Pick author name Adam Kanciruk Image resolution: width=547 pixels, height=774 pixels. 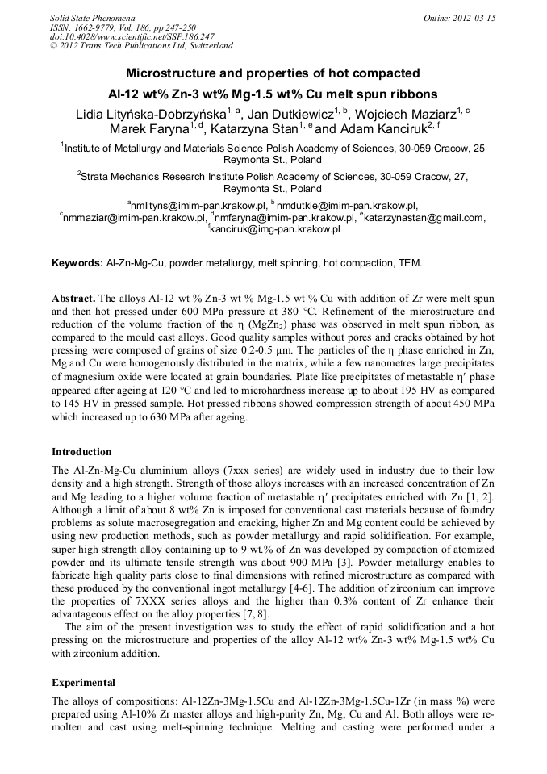point(382,130)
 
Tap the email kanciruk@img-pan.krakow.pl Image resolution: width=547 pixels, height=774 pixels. point(275,229)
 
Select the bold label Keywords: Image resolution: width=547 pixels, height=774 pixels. point(77,263)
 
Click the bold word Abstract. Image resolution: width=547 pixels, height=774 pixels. point(75,299)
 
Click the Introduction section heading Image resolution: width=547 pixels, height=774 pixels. point(81,452)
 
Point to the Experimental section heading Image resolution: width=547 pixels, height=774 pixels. point(83,682)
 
